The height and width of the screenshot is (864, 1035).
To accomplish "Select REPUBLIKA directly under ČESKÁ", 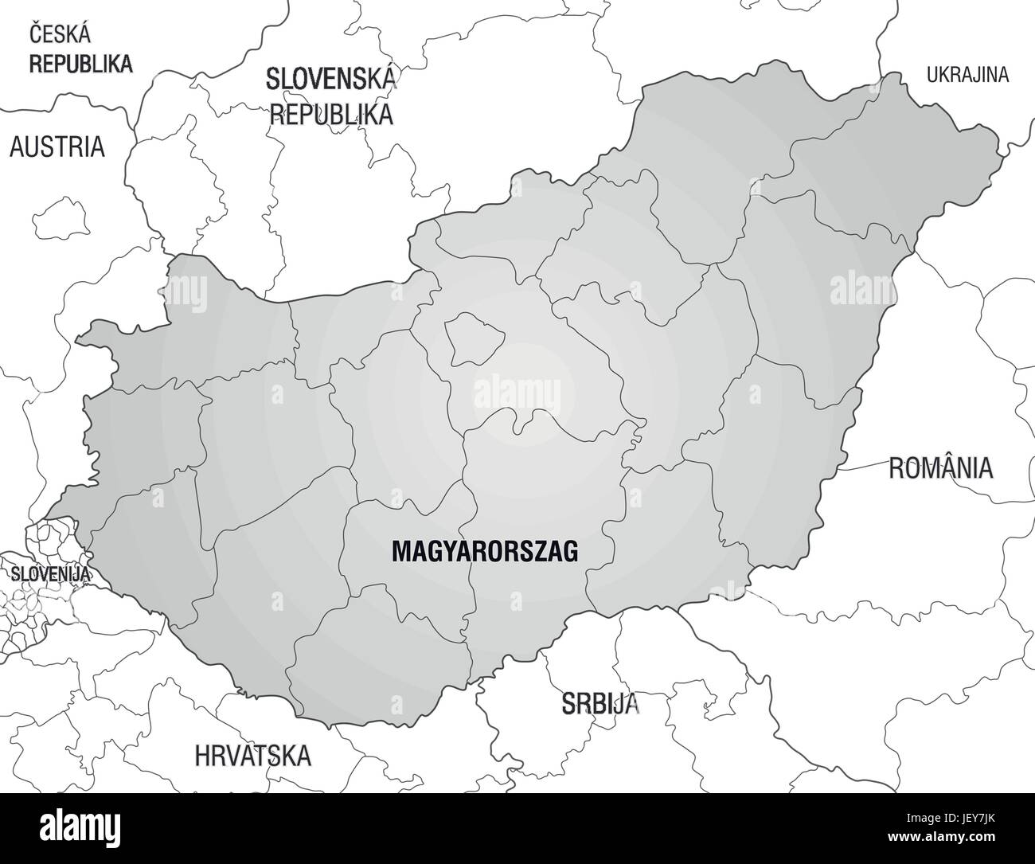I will click(80, 64).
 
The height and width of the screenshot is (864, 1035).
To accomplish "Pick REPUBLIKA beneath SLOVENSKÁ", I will click(332, 113).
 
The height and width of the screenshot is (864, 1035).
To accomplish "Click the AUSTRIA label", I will click(57, 147).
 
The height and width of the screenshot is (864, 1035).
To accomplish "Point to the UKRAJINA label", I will click(967, 76).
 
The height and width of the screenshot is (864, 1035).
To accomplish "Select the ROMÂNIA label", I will click(940, 467).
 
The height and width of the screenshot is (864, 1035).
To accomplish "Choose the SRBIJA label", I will click(600, 703).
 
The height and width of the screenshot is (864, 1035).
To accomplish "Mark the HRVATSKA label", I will click(252, 754).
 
